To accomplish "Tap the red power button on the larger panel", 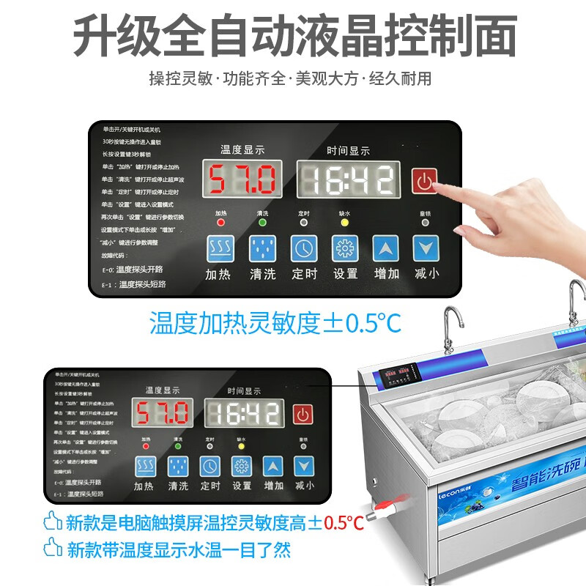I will point(424,179).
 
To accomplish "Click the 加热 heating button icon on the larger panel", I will point(218,248).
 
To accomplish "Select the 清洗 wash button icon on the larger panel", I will point(262,248).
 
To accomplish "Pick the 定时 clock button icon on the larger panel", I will point(303,248).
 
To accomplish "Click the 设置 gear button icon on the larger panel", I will point(344,248).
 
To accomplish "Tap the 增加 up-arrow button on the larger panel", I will point(385,248).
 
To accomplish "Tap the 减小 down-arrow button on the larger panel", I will point(425,248).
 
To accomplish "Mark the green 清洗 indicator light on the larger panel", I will point(262,222).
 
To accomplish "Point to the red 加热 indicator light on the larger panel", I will point(220,222).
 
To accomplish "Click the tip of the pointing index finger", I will point(437,185).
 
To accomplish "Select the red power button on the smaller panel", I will point(302,415).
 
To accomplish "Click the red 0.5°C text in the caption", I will point(344,522).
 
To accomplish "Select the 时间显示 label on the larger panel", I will point(348,151).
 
